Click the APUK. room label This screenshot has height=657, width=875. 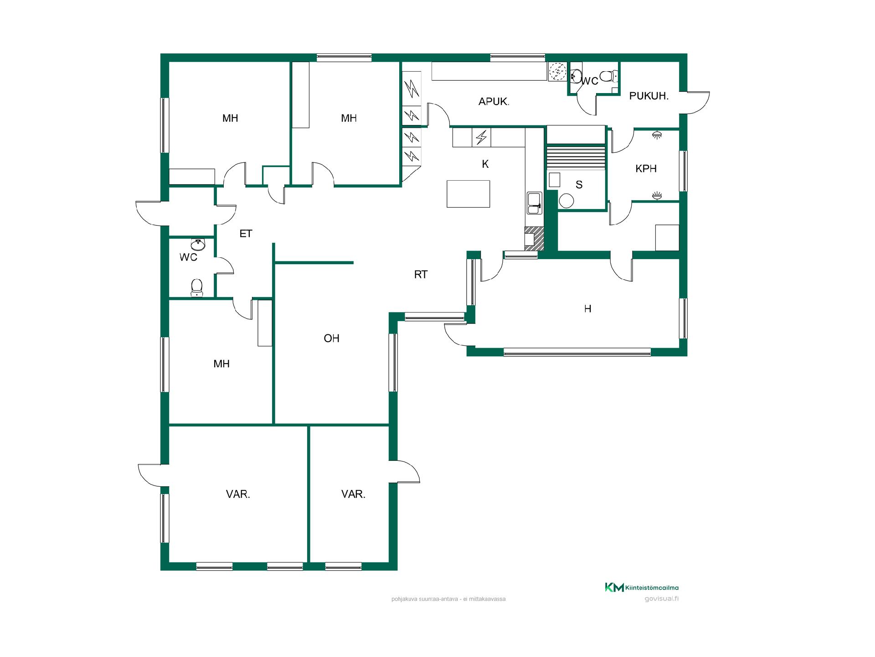coord(494,102)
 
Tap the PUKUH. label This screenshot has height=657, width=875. coord(649,96)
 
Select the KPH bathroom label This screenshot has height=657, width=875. coord(646,168)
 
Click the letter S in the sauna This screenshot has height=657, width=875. coord(579,185)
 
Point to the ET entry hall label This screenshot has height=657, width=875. coord(246,234)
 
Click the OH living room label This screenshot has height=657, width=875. coord(331,338)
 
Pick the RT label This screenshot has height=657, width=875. coord(421,274)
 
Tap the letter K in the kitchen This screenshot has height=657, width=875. coord(485,164)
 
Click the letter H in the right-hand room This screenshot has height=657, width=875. coord(587,309)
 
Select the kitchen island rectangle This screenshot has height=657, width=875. coord(468,194)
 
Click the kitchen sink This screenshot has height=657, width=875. coord(534,203)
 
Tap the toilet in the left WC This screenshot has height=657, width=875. coord(197,287)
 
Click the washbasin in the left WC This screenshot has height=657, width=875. coord(198,245)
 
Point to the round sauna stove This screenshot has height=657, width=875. coord(566,201)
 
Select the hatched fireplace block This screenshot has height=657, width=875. coord(534,239)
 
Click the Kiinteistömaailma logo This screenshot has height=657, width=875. coord(642,587)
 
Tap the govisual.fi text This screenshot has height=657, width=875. coord(661,599)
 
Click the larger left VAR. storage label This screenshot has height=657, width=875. coord(238,494)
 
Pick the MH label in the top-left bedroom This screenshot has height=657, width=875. coord(230,119)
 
